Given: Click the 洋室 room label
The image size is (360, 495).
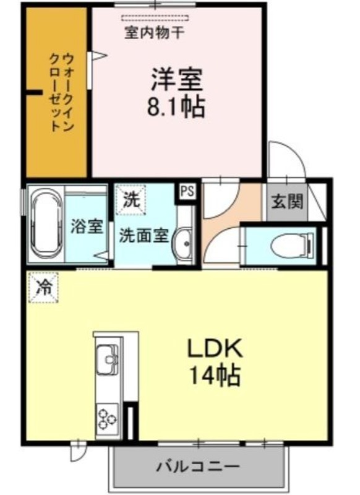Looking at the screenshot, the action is (177, 79).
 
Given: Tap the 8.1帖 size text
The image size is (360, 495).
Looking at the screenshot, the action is (176, 106).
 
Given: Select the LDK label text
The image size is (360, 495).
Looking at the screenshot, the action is (215, 348).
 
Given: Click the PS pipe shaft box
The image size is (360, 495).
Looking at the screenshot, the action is (187, 191).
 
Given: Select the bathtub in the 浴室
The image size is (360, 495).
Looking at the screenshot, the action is (46, 224).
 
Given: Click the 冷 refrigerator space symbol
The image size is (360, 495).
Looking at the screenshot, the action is (43, 288).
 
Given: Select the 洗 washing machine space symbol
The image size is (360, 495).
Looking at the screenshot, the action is (131, 200).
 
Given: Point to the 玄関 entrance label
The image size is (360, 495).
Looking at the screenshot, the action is (288, 201).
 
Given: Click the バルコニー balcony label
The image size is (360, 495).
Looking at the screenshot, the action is (199, 466).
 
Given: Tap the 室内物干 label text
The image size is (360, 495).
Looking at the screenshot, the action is (154, 33).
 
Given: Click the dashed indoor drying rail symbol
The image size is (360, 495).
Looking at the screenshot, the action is (155, 19).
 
